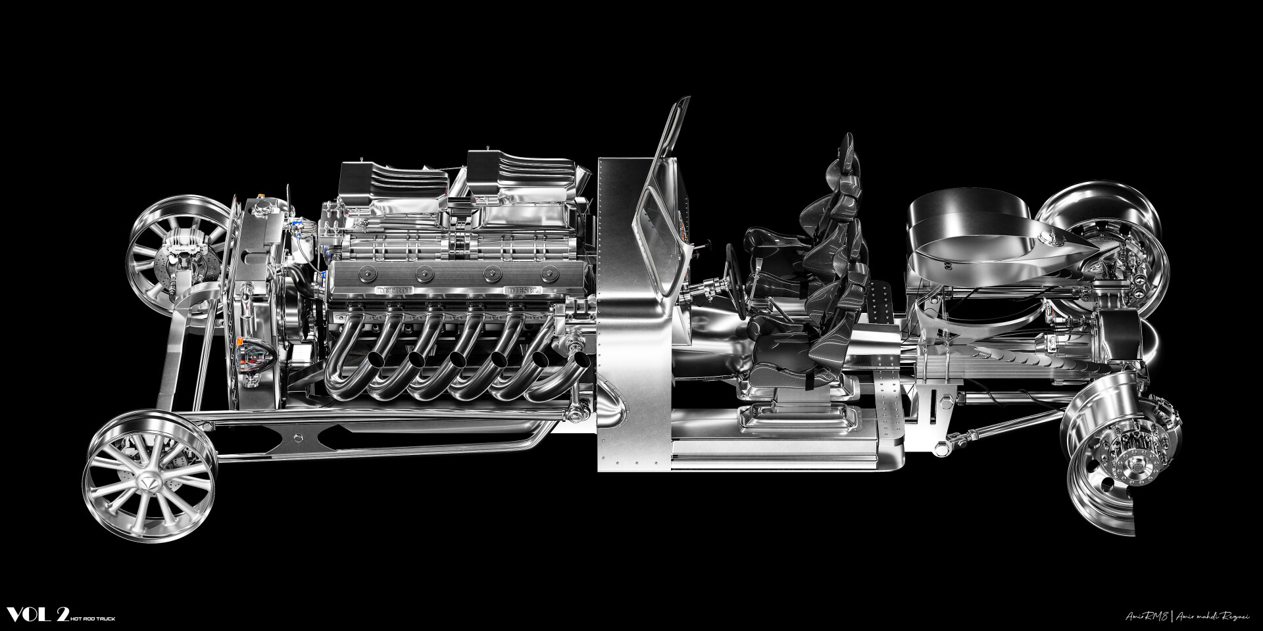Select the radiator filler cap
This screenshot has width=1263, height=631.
tap(266, 210)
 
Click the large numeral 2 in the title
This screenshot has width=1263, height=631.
tap(63, 615)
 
